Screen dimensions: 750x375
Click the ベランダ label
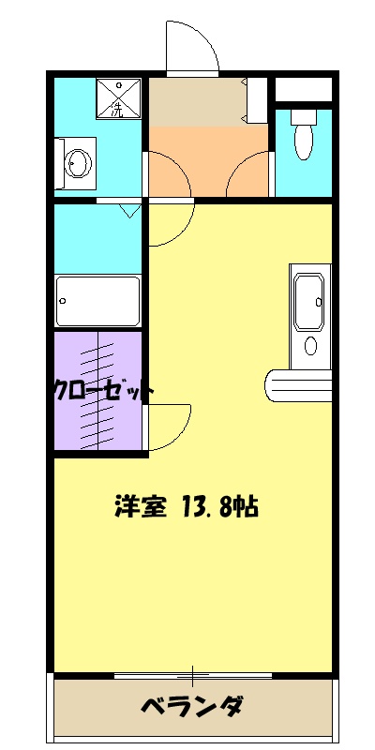click(x=193, y=705)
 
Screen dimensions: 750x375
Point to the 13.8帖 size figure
click(x=217, y=507)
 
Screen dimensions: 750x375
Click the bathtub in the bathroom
click(x=97, y=301)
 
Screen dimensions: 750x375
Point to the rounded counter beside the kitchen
click(x=299, y=385)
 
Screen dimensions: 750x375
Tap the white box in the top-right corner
click(x=303, y=90)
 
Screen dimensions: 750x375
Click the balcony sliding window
click(x=193, y=675)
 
